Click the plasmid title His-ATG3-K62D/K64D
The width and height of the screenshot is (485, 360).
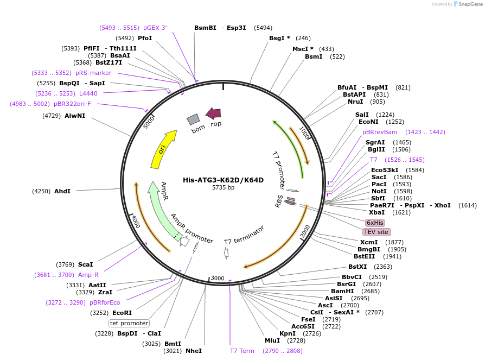click(223, 180)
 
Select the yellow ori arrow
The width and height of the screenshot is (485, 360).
click(163, 149)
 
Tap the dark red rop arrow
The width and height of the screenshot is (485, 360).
click(213, 113)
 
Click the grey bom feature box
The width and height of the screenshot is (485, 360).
click(193, 119)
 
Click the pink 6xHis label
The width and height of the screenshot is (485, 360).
click(375, 223)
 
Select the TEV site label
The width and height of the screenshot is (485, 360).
click(376, 232)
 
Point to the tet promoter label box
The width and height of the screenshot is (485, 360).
click(129, 323)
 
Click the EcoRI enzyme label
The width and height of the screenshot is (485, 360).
click(122, 313)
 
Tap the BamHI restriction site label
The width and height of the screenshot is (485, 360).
click(342, 291)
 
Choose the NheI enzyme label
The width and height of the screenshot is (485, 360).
click(193, 351)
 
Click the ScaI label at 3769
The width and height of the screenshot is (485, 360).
click(85, 264)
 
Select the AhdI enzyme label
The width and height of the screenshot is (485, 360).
click(62, 191)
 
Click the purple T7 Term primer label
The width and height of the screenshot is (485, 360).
click(242, 351)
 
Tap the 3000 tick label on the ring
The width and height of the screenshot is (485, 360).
click(218, 279)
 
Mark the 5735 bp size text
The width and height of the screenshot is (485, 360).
click(223, 188)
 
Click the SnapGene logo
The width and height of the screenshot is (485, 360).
click(466, 4)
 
